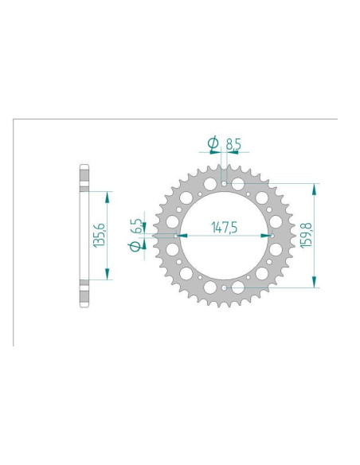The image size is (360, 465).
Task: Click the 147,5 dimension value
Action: pos(225,227)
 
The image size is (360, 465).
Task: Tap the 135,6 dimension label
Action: pos(100,235)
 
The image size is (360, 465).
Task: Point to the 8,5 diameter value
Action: pos(233,145)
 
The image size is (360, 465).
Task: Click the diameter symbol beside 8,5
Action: pos(213,144)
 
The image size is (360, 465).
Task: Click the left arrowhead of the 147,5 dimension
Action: pos(184,236)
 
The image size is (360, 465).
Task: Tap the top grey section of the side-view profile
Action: pos(83,178)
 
